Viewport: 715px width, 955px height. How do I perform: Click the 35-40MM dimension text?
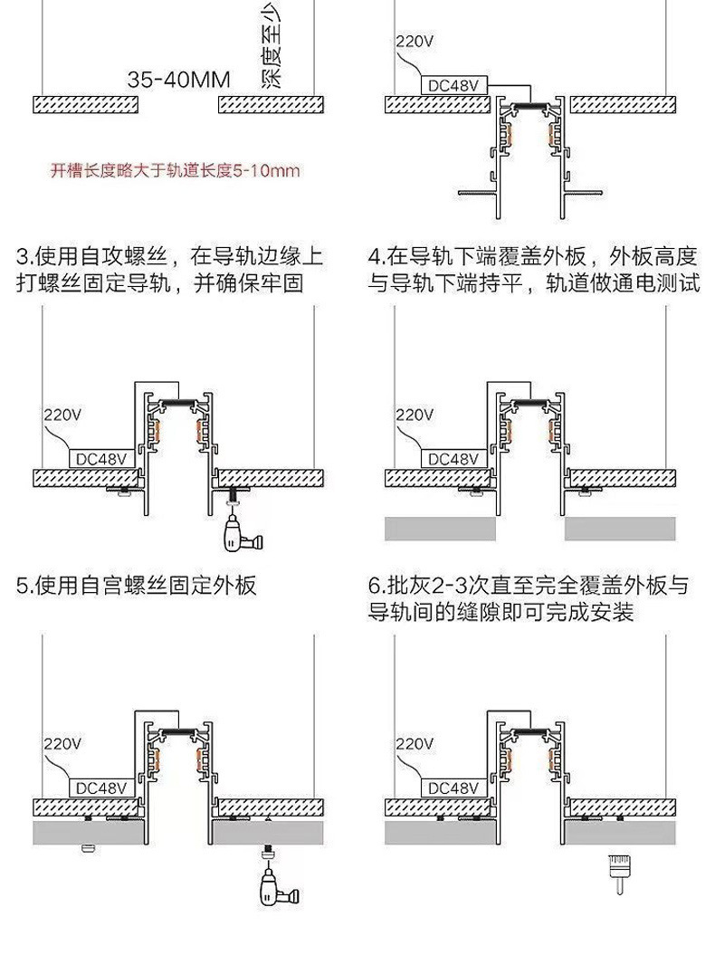point(179,80)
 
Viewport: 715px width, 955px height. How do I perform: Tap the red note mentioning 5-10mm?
point(175,170)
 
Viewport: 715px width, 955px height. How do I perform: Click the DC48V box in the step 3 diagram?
point(102,458)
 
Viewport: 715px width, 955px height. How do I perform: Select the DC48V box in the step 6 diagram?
point(453,788)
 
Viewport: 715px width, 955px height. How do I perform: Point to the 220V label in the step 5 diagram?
point(62,744)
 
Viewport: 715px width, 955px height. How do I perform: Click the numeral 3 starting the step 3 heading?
point(24,256)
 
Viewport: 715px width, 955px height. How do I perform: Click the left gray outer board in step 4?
point(441,528)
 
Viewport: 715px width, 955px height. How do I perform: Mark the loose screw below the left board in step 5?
point(88,848)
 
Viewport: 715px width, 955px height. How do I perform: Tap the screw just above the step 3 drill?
point(237,497)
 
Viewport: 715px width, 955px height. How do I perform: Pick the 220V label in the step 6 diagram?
point(414,744)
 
